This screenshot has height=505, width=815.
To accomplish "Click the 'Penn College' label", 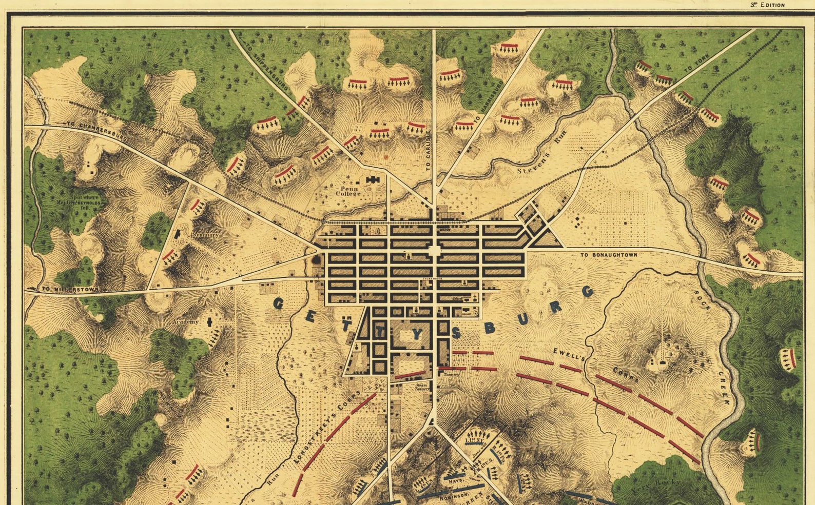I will point(347,191).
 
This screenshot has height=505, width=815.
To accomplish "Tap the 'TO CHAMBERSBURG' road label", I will point(96,131).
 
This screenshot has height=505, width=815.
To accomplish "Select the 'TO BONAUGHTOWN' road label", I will point(609,255).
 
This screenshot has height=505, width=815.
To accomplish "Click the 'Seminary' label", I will point(205,235).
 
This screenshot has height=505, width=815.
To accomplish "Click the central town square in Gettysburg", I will point(435,251).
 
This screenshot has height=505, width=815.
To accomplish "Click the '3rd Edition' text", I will point(767,5).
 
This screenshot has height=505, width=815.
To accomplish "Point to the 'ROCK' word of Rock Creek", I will point(702,300).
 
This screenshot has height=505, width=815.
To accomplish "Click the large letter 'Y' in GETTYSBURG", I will point(417,334).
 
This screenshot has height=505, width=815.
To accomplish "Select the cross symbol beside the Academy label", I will point(209,322).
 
